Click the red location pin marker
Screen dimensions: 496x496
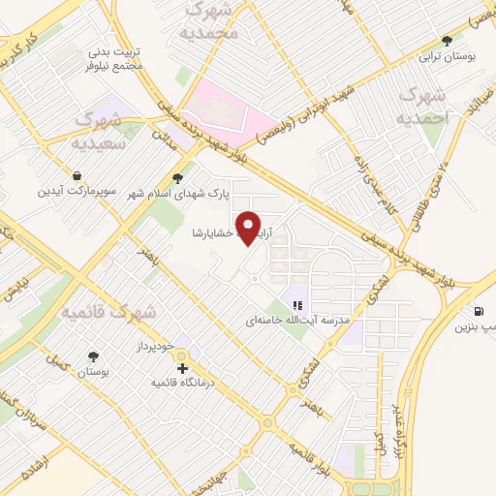(251, 229)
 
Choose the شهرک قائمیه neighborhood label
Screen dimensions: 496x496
(96, 312)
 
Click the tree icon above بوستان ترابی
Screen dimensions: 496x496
(446, 40)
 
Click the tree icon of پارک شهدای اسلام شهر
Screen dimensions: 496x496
(176, 177)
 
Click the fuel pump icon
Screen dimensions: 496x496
(480, 312)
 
